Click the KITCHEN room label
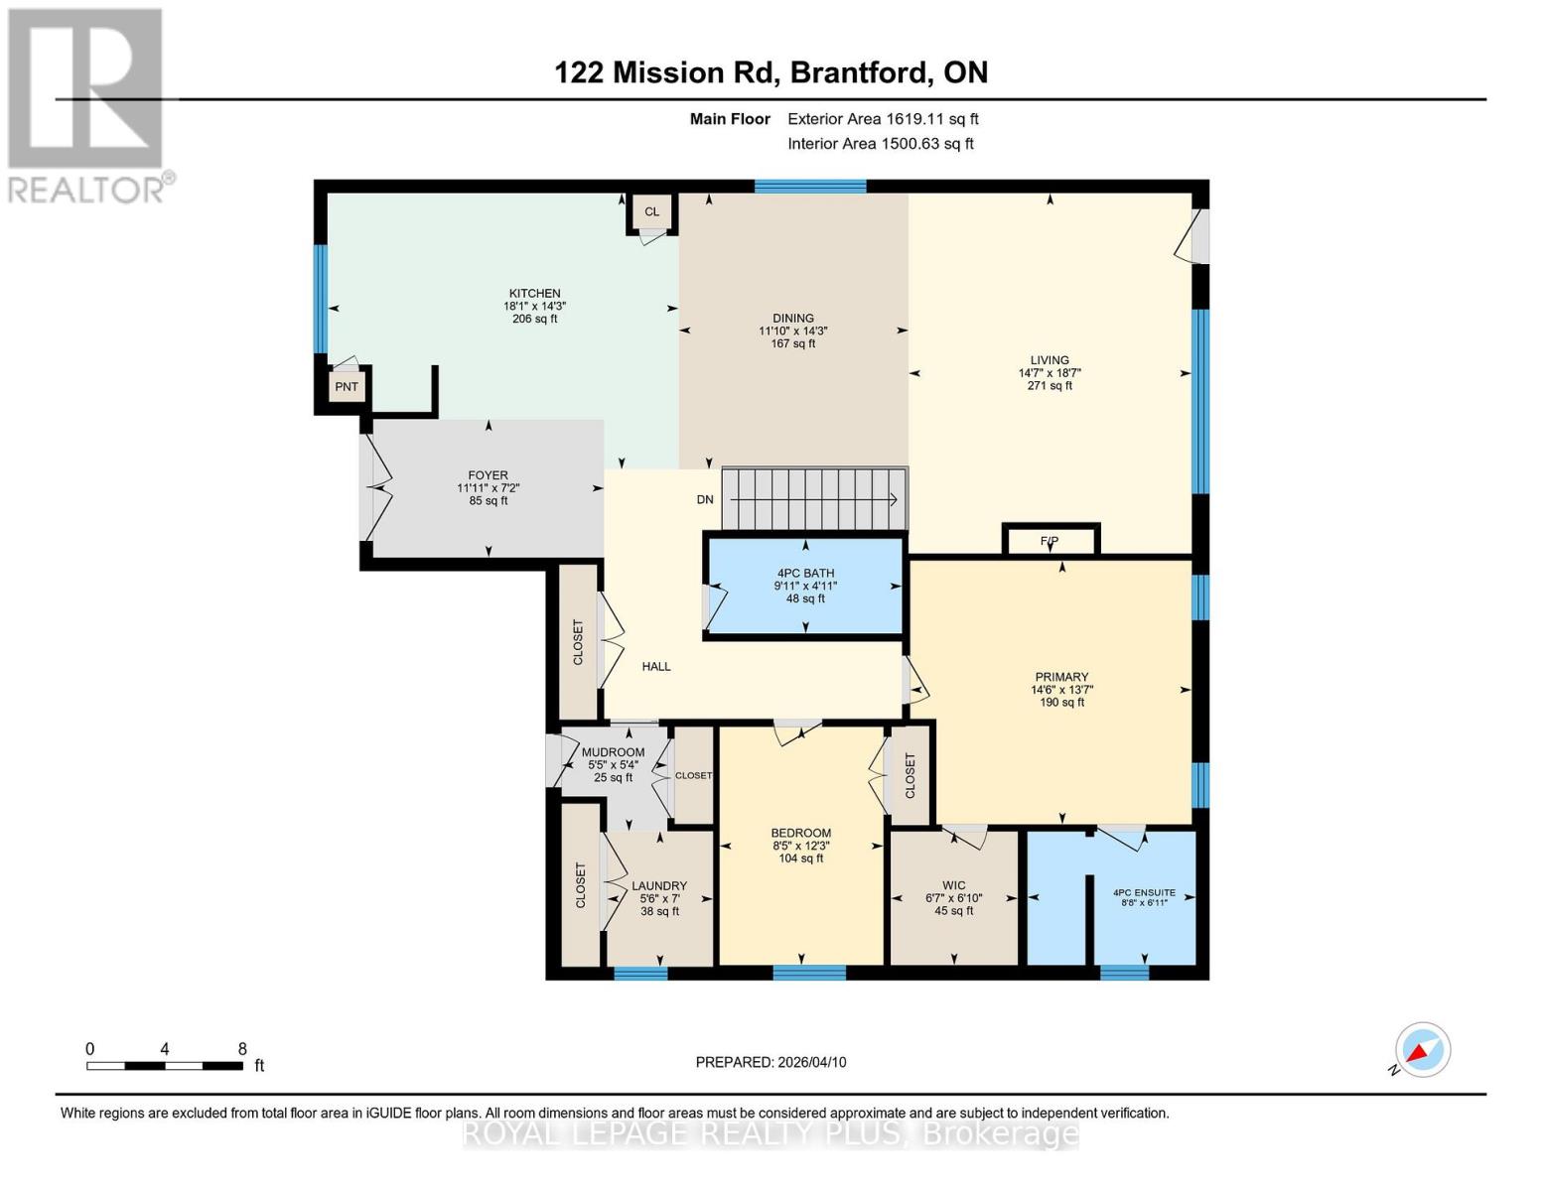pos(534,293)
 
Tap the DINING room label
pos(792,318)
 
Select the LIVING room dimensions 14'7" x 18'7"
pos(1050,373)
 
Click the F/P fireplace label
pos(1050,541)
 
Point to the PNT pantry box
pos(346,387)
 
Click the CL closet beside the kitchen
pos(651,211)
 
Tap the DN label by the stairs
pos(705,499)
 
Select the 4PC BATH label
pos(805,573)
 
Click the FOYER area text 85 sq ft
pos(489,501)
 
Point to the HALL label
pos(656,666)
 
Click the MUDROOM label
pos(613,752)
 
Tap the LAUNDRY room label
pos(659,885)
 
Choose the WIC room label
pos(953,885)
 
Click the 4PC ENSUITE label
pos(1144,892)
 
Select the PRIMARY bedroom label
pos(1061,677)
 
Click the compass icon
pos(1422,1050)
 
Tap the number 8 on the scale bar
pos(242,1048)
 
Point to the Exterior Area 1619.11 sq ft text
pos(883,118)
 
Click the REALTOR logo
pos(86,104)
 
